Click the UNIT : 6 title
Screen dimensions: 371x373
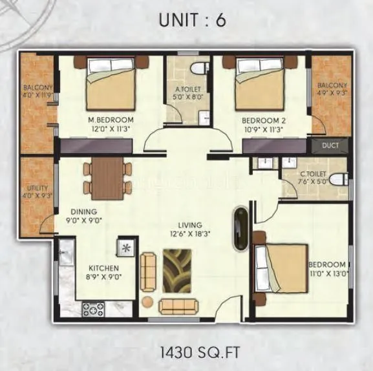tap(193, 20)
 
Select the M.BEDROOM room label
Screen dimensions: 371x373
tap(111, 120)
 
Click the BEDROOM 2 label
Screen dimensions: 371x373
tap(264, 120)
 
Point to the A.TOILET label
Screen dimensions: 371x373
tap(189, 90)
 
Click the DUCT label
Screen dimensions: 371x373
tap(330, 145)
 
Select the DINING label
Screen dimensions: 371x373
tap(85, 211)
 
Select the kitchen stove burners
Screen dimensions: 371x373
tap(92, 308)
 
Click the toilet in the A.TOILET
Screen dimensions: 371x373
tap(200, 68)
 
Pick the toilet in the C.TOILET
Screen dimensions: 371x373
tap(337, 179)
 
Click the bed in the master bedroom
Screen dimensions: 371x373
tap(111, 84)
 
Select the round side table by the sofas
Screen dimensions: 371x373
tap(148, 302)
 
